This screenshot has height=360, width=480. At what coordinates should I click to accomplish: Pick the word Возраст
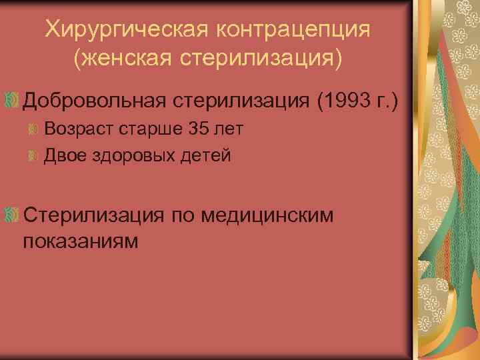77,129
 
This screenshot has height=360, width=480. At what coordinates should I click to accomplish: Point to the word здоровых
133,156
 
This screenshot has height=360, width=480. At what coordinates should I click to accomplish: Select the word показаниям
81,240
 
